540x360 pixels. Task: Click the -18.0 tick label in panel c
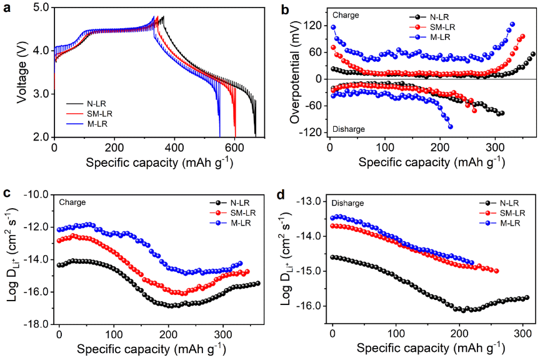(38, 324)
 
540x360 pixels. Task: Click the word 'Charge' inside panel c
(72, 202)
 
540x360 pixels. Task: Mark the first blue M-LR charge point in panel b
(334, 27)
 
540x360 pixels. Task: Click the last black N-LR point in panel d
(526, 297)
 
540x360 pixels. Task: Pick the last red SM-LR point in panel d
(496, 271)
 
